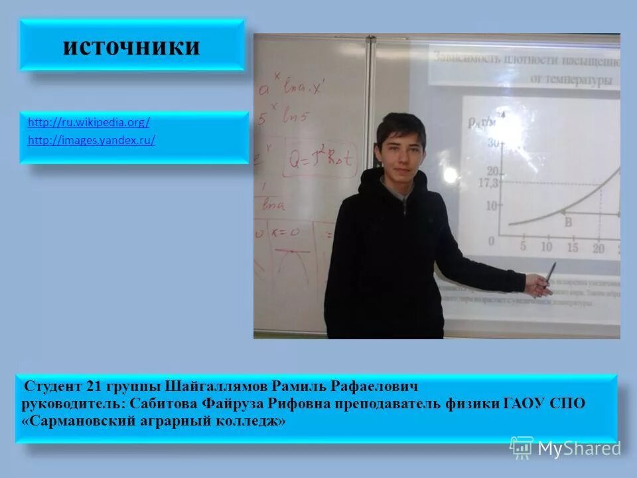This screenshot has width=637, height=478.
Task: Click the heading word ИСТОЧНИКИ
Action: (x=131, y=46)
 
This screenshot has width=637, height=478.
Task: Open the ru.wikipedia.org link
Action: (x=89, y=122)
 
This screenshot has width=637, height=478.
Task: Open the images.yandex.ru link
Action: (x=92, y=141)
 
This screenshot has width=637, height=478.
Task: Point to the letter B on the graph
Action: (x=568, y=223)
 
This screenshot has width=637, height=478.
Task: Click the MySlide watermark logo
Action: (x=566, y=447)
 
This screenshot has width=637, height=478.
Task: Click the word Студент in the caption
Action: (x=52, y=386)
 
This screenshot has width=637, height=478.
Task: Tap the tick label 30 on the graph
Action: (x=493, y=143)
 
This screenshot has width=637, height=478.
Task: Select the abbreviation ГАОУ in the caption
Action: (x=526, y=404)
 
